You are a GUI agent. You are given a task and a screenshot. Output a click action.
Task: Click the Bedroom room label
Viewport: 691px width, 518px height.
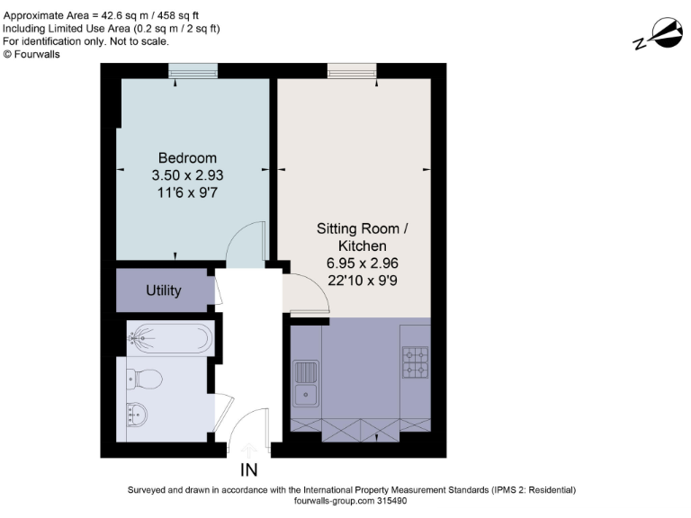click(x=187, y=158)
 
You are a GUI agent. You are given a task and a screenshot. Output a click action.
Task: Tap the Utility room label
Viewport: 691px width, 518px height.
click(x=164, y=290)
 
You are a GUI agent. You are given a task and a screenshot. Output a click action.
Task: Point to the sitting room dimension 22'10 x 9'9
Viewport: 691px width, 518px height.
click(x=363, y=280)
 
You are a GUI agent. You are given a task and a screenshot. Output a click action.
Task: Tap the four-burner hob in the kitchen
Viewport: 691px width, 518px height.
click(x=415, y=362)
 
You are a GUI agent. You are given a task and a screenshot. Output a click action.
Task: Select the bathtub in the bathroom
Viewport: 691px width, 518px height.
click(x=169, y=338)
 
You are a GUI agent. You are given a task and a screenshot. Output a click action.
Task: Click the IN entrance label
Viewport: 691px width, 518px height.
click(x=249, y=469)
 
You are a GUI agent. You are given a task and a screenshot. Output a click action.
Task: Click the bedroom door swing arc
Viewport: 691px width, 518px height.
click(x=245, y=244)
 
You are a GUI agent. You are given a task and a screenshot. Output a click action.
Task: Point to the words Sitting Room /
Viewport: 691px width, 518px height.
click(x=363, y=229)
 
